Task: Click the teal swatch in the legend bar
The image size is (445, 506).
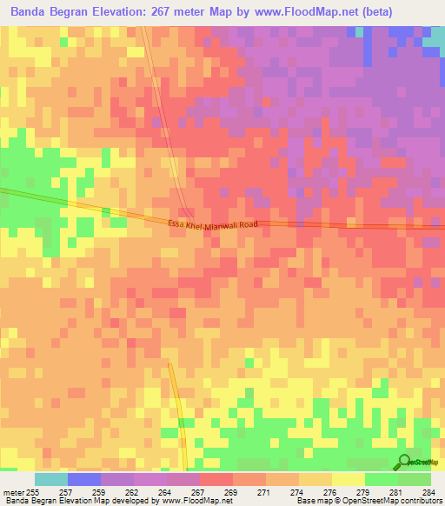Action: click(50, 479)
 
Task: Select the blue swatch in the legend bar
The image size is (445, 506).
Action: click(83, 479)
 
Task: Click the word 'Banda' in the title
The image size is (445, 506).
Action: click(30, 12)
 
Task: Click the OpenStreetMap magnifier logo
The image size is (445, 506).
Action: click(406, 462)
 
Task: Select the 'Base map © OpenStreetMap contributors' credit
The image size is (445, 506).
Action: click(368, 501)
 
